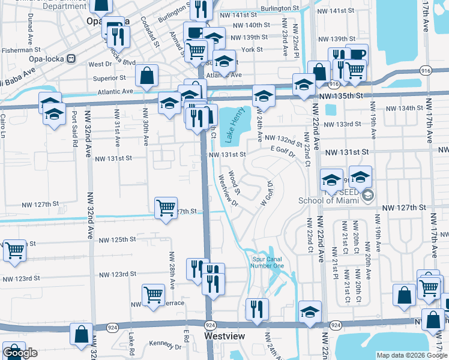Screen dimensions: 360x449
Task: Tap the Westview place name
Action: pos(224,337)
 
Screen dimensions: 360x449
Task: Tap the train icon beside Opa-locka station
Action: pos(71,59)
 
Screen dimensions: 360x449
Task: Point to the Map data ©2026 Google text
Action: pos(411,355)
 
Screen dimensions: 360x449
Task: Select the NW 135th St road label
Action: pos(342,95)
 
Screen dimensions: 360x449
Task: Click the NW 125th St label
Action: pos(117,240)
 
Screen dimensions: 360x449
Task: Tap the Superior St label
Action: pos(109,77)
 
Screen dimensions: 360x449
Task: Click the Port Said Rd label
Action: pos(74,129)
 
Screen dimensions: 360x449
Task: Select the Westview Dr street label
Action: pos(228,191)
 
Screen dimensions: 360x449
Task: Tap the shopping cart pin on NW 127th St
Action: pos(166,208)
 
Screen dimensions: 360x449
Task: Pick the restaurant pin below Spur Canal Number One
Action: pos(257,309)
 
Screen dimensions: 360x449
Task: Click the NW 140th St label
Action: pos(252,25)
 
